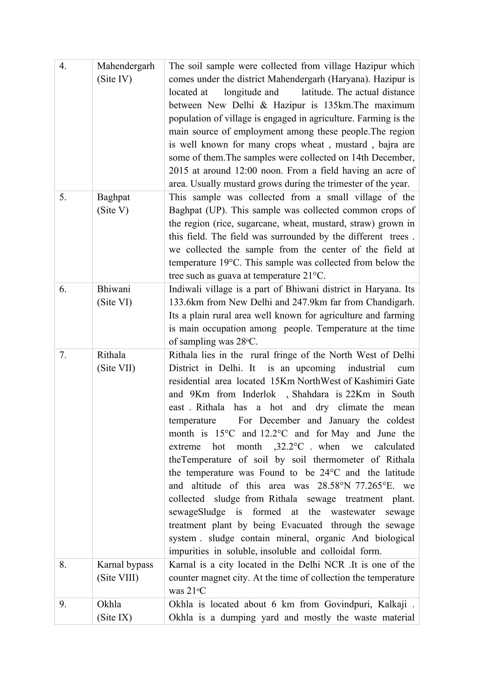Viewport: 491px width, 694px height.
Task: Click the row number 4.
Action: click(x=63, y=66)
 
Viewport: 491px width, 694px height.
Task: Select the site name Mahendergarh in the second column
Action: click(x=126, y=66)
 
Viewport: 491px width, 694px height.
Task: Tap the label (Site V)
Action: click(x=113, y=210)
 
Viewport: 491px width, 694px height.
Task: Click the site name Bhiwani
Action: click(x=114, y=289)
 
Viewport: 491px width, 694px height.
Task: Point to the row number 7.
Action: click(x=63, y=355)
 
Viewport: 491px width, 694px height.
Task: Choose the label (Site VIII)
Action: click(x=118, y=578)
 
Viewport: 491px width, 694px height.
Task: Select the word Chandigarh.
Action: click(x=390, y=302)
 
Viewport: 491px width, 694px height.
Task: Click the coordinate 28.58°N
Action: click(x=334, y=486)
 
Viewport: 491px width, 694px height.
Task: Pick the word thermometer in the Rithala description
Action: click(x=338, y=459)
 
